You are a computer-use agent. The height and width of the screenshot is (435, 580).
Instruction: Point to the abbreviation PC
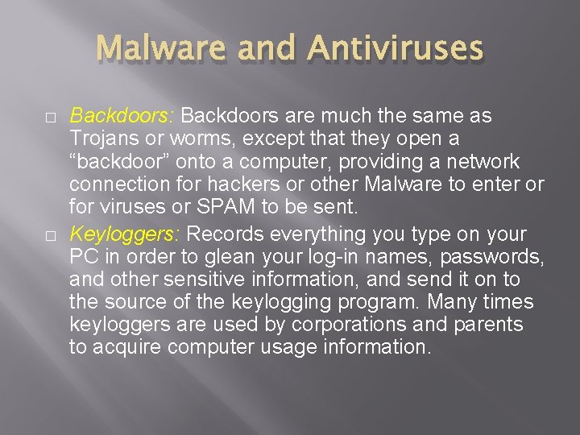point(82,257)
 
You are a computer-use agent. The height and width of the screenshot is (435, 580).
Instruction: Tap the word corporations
point(362,325)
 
